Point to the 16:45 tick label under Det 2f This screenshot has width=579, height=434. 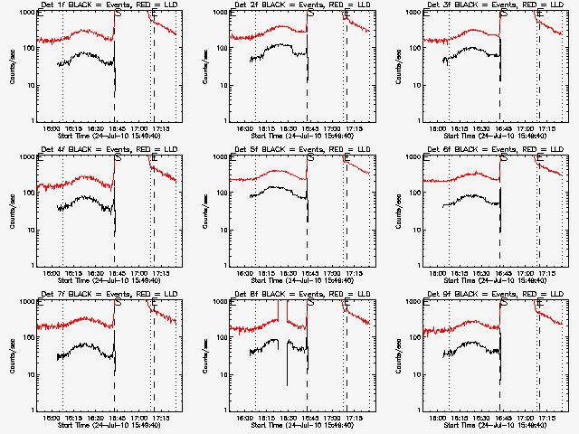308,128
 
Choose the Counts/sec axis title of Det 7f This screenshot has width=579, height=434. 13,355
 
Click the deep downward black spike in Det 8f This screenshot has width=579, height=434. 288,384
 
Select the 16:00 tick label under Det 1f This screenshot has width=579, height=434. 53,128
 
